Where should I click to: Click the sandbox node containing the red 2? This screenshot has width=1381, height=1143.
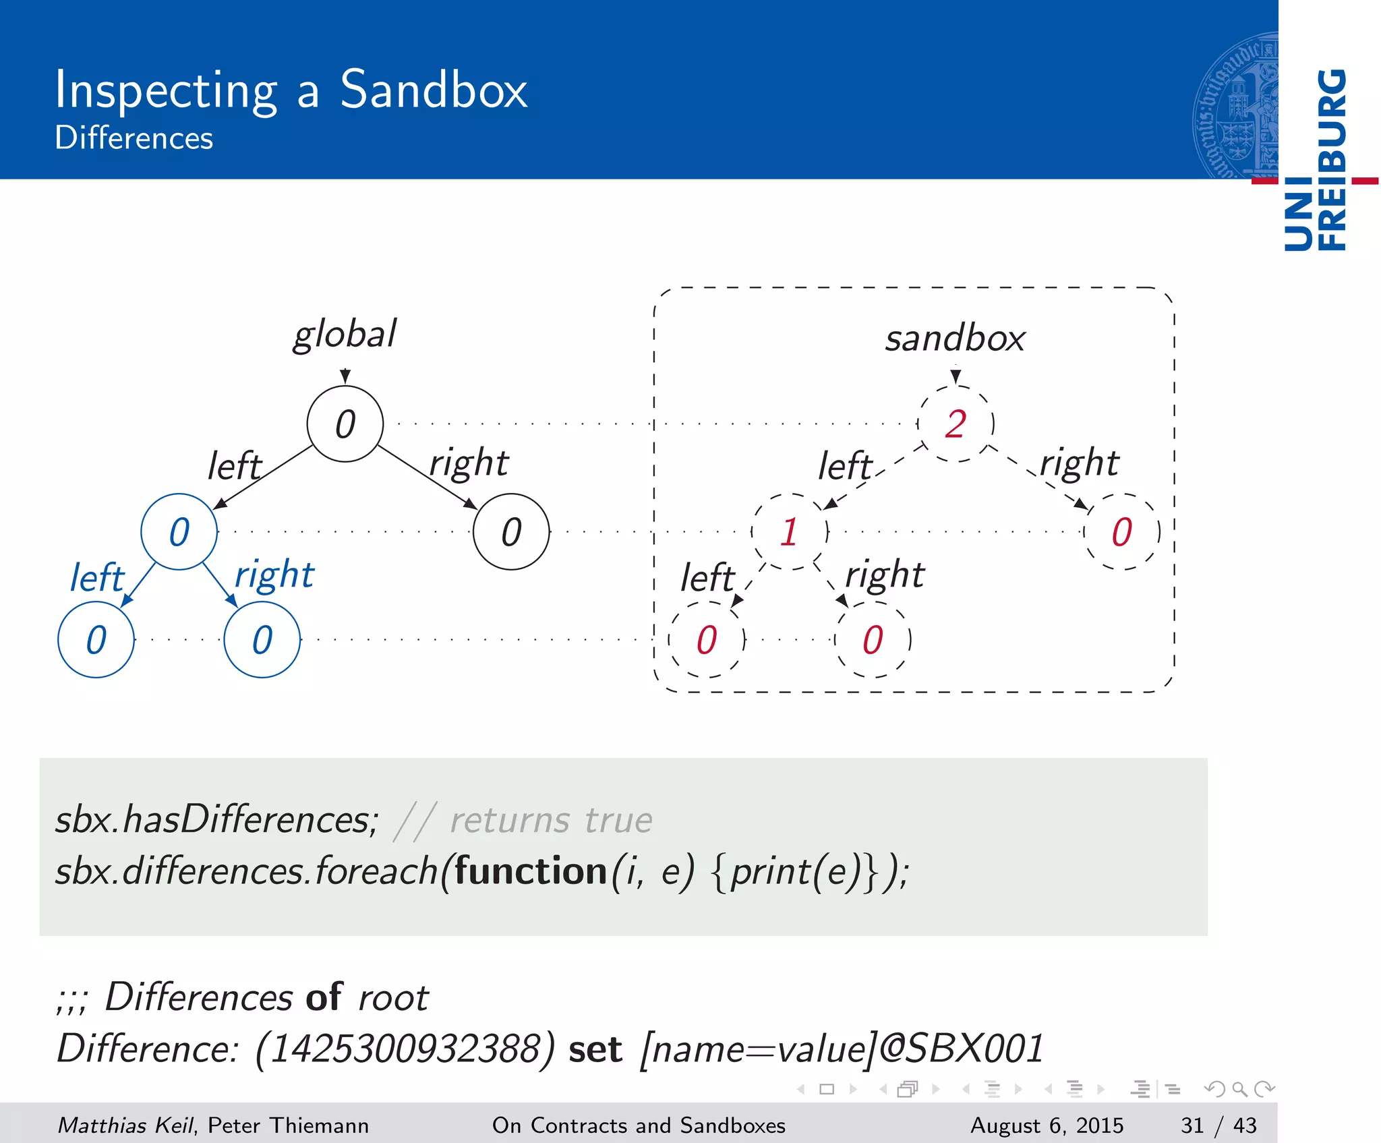tap(956, 424)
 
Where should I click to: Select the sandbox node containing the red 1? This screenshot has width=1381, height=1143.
tap(790, 532)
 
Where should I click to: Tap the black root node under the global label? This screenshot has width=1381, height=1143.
tap(345, 424)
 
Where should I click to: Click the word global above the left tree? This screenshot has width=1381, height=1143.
tap(345, 334)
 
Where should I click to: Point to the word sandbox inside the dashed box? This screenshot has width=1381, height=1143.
tap(955, 339)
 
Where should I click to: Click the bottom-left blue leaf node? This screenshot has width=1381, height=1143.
tap(96, 640)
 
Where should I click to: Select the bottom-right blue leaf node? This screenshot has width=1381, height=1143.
tap(262, 640)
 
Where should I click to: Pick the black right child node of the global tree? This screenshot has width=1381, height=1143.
tap(511, 532)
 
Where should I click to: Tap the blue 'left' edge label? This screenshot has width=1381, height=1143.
tap(97, 578)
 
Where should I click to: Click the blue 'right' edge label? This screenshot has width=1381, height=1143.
tap(274, 576)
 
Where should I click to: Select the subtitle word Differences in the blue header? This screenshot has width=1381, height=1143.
tap(134, 138)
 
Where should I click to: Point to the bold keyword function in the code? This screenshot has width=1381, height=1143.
tap(531, 871)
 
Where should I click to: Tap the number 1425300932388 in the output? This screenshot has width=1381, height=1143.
tap(405, 1049)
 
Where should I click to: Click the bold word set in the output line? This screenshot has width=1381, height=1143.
tap(595, 1050)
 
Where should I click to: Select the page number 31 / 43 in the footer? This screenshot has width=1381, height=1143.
tap(1218, 1125)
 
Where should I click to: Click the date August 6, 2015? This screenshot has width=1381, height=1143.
tap(1047, 1125)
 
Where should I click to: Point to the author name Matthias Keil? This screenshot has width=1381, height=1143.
tap(125, 1125)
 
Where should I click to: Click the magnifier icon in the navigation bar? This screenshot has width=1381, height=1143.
tap(1239, 1089)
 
